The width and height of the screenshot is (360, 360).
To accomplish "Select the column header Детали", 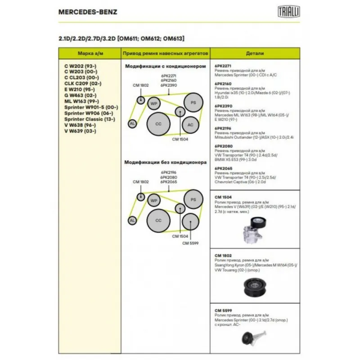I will click(x=255, y=53).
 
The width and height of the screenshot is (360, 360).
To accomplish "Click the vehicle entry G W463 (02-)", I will click(x=81, y=95).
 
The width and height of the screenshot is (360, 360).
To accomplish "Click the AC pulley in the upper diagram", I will click(x=190, y=124).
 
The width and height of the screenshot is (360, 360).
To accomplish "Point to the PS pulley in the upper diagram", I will click(x=193, y=103).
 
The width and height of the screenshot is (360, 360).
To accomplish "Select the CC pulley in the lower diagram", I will click(x=158, y=220).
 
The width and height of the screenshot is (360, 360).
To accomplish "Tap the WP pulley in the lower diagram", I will click(x=154, y=200).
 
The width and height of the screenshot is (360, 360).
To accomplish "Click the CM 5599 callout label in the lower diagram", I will click(x=190, y=243).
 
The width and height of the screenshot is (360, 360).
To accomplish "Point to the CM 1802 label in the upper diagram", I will click(x=140, y=85).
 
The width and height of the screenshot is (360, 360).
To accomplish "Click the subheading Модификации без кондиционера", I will click(x=165, y=162).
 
